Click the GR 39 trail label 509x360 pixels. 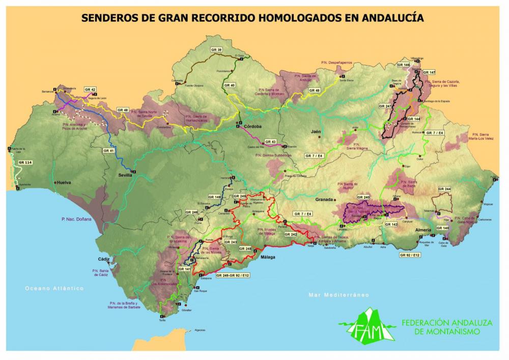click(216, 49)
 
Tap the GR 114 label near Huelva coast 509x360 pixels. click(25, 162)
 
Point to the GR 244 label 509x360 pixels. click(444, 189)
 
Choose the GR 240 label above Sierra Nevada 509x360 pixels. click(363, 197)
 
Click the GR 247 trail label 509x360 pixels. click(385, 106)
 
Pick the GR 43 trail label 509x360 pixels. click(270, 142)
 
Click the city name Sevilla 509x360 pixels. click(125, 175)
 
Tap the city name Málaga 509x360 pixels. click(268, 257)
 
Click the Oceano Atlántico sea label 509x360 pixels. click(54, 288)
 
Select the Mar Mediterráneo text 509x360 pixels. click(338, 295)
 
